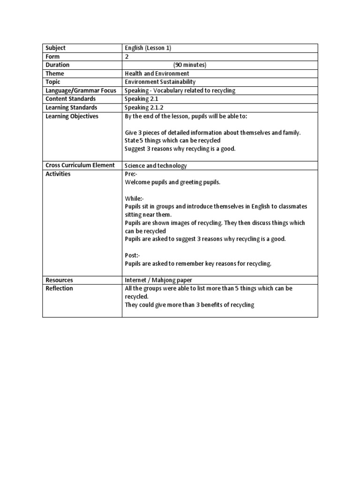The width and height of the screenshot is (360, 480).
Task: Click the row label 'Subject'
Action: [x=55, y=48]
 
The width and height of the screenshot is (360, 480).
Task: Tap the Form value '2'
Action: [x=127, y=56]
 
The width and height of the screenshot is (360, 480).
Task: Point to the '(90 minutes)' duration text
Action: [x=190, y=65]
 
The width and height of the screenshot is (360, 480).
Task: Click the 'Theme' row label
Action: [x=54, y=74]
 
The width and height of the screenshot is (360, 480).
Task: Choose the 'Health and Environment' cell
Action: [x=157, y=74]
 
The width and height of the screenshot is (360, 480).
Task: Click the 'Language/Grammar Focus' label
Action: [x=80, y=90]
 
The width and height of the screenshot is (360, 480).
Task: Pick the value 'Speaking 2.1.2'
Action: [x=143, y=107]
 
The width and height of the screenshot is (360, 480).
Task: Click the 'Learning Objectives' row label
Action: [x=72, y=116]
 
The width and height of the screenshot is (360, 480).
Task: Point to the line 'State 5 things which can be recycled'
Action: [x=172, y=140]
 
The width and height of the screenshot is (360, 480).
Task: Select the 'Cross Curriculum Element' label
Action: [x=80, y=165]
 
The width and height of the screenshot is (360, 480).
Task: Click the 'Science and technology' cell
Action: [x=156, y=165]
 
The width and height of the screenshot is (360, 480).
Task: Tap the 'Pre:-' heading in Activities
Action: [x=131, y=174]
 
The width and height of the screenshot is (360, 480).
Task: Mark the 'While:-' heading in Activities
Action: [x=134, y=198]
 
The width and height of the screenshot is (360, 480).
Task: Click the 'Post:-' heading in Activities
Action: [x=132, y=255]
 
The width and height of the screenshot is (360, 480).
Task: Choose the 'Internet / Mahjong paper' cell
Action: [x=158, y=280]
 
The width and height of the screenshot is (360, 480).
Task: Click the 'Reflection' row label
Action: [x=59, y=288]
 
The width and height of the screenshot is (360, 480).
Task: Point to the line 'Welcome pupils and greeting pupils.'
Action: [x=172, y=182]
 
